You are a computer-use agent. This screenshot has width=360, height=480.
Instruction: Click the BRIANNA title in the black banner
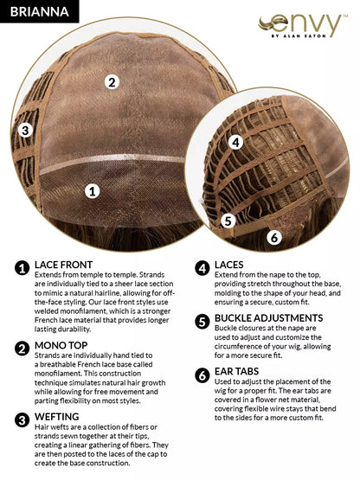[x=39, y=11]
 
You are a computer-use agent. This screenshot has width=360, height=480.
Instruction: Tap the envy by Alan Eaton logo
[x=302, y=26]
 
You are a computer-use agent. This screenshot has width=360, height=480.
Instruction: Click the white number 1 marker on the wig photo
[x=93, y=191]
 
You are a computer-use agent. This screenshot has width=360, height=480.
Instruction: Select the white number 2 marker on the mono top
[x=112, y=82]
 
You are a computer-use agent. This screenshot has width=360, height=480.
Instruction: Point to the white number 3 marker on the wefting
[x=25, y=131]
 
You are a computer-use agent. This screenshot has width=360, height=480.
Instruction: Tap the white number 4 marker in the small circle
[x=235, y=143]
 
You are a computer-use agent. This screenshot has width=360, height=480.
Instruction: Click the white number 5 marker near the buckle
[x=228, y=221]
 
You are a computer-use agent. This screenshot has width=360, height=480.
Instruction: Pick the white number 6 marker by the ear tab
[x=274, y=237]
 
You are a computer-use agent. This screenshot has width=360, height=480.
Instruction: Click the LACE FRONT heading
[x=63, y=265]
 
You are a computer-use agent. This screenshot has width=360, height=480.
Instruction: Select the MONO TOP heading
[x=61, y=345]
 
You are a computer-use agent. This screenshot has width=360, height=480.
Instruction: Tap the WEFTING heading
[x=56, y=417]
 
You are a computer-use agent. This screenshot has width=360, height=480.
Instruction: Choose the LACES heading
[x=228, y=265]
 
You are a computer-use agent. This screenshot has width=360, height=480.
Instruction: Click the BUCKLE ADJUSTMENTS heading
[x=268, y=318]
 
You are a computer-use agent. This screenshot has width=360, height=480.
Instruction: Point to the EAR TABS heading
[x=236, y=371]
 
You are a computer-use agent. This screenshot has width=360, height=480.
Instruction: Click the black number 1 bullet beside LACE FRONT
[x=22, y=268]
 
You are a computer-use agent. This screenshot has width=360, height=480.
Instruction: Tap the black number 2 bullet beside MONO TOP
[x=22, y=349]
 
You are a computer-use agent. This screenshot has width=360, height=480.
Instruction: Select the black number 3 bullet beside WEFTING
[x=22, y=420]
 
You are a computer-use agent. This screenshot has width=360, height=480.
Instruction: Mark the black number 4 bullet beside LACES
[x=202, y=268]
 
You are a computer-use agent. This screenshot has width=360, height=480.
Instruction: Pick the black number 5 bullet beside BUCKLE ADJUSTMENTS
[x=202, y=322]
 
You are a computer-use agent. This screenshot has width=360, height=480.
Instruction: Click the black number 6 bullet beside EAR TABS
[x=202, y=375]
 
